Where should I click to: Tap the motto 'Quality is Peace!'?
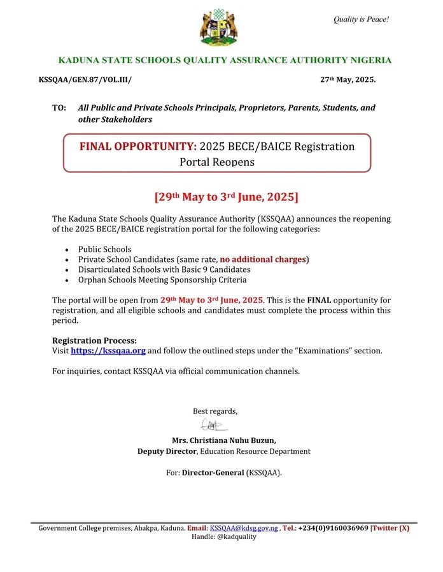(361, 20)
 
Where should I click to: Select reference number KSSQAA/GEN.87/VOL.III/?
(85, 80)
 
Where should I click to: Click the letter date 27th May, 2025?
(348, 80)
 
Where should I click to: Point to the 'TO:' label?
(59, 108)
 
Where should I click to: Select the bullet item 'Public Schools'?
(104, 249)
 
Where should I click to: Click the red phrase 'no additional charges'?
(263, 259)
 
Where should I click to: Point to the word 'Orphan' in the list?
(92, 280)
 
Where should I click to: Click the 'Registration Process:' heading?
(94, 340)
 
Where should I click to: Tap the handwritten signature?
(211, 425)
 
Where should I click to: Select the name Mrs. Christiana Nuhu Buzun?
(224, 440)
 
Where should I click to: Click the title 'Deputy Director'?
(167, 451)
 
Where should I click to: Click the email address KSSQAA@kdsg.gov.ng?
(244, 528)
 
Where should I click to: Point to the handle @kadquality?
(237, 536)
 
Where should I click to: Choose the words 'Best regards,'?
(215, 411)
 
